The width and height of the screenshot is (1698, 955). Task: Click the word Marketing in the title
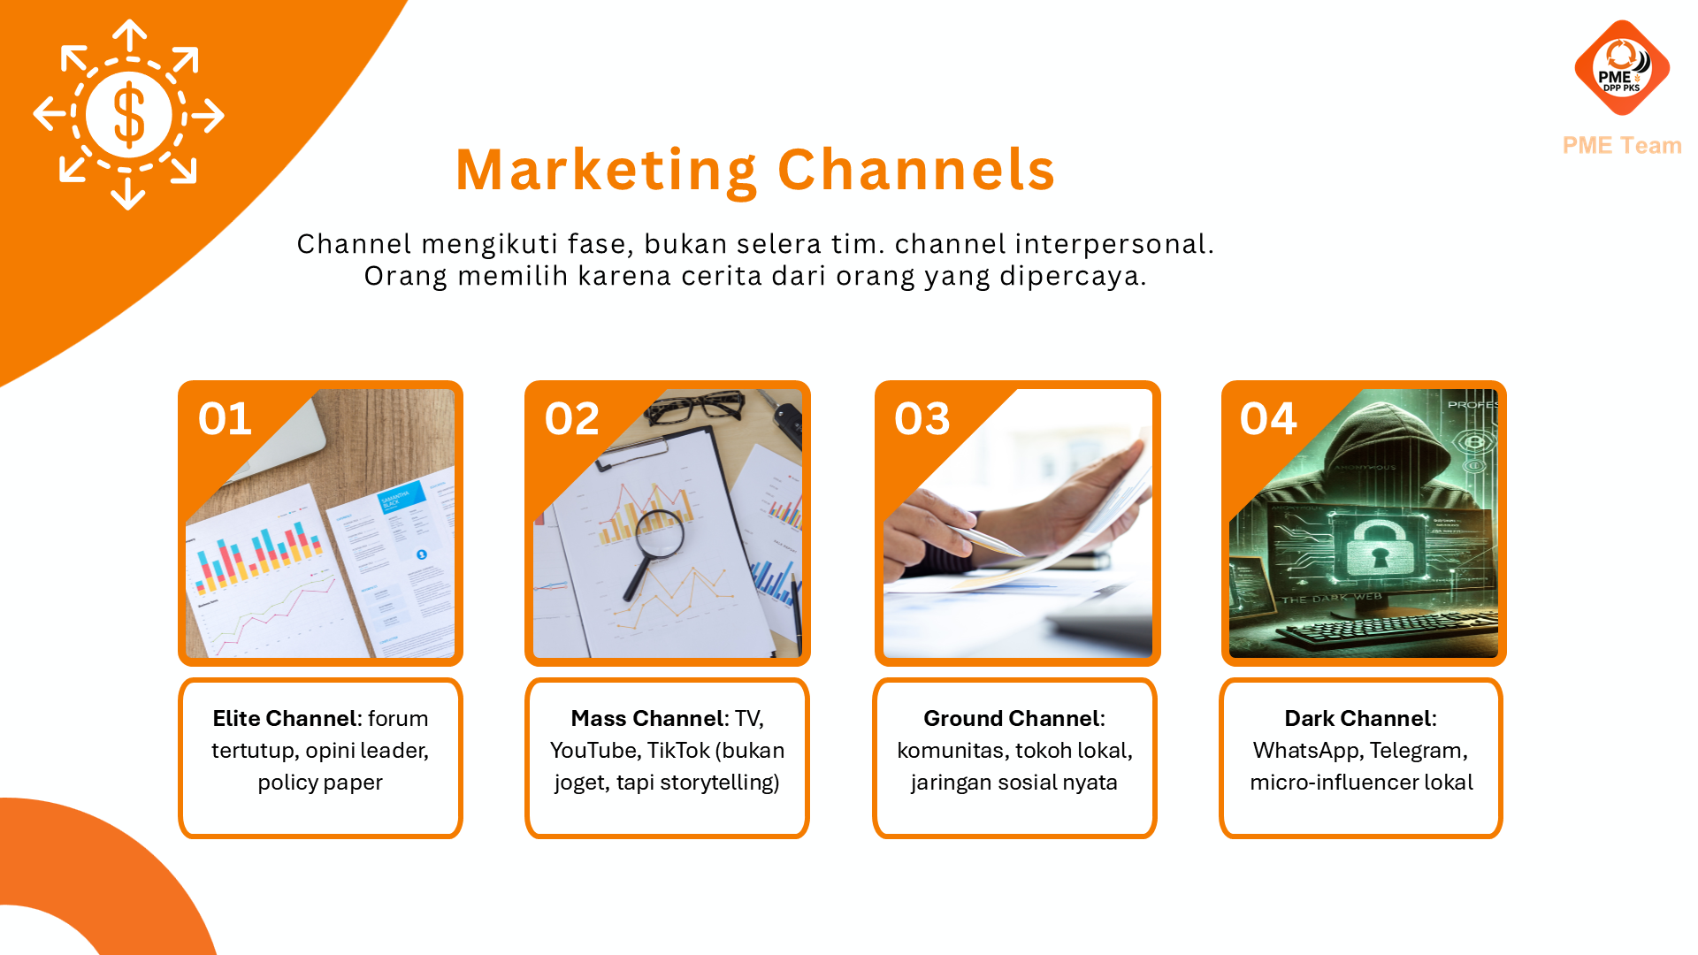pyautogui.click(x=607, y=170)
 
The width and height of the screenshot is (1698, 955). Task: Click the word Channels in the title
pyautogui.click(x=916, y=170)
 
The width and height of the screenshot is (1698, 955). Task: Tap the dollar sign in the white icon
pyautogui.click(x=129, y=114)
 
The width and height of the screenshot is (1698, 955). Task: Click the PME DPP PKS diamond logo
pyautogui.click(x=1621, y=68)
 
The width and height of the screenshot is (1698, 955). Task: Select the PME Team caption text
pyautogui.click(x=1621, y=145)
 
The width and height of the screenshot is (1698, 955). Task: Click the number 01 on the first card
pyautogui.click(x=225, y=419)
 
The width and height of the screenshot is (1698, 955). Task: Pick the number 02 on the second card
pyautogui.click(x=571, y=419)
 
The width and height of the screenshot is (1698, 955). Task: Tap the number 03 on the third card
pyautogui.click(x=922, y=419)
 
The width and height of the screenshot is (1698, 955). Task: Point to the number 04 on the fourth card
pyautogui.click(x=1267, y=419)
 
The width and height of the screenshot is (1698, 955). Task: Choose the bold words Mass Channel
pyautogui.click(x=647, y=718)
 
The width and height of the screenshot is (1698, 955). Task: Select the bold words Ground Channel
pyautogui.click(x=1011, y=718)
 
